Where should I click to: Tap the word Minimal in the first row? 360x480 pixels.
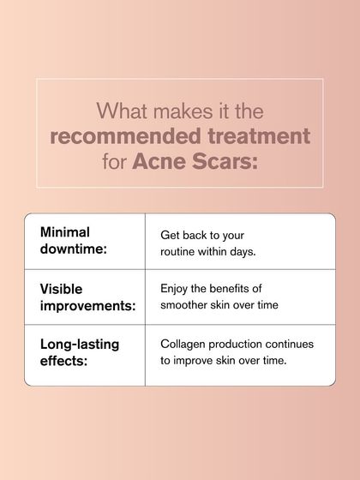65,232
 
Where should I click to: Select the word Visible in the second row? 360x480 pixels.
62,289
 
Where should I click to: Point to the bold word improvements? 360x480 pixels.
88,307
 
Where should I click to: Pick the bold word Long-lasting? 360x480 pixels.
80,344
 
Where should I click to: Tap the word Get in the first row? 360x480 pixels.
171,234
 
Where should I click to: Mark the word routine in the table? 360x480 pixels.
181,251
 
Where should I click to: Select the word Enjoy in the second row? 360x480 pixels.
177,289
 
